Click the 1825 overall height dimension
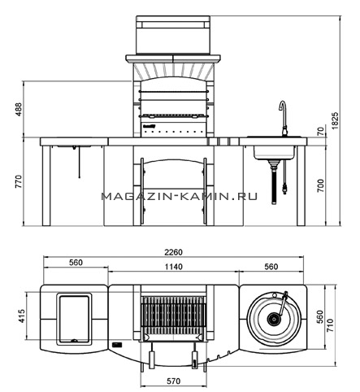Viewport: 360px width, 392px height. [x=335, y=120]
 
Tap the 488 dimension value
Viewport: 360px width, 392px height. [x=19, y=109]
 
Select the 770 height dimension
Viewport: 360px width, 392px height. [x=19, y=181]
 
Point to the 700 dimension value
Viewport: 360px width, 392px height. [x=320, y=185]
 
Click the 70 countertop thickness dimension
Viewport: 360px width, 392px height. [x=320, y=132]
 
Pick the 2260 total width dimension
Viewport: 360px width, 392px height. [x=173, y=252]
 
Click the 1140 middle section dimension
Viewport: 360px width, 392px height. [x=174, y=267]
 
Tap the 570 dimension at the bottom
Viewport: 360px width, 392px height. [x=173, y=381]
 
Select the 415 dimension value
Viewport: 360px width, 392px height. [x=21, y=316]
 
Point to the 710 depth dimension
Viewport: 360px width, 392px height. [x=330, y=325]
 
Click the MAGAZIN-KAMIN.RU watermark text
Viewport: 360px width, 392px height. [x=180, y=196]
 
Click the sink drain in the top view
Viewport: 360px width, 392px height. [x=273, y=319]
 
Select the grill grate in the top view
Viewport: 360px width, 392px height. [x=173, y=316]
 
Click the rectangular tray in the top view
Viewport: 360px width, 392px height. [x=74, y=319]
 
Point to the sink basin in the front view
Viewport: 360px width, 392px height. [x=275, y=152]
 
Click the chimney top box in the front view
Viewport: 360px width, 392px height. [x=173, y=35]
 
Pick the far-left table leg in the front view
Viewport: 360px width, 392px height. [x=46, y=185]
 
